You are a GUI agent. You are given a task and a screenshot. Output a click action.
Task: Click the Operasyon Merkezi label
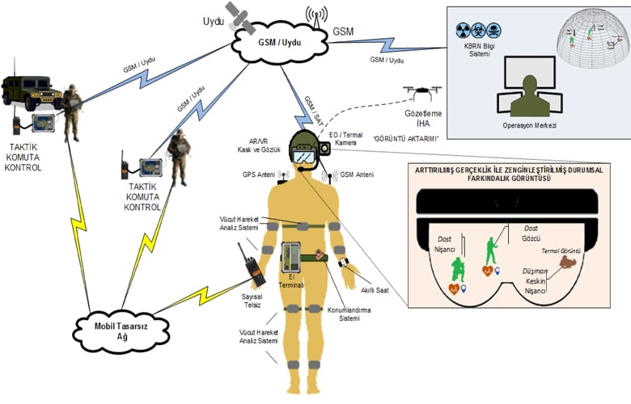529,126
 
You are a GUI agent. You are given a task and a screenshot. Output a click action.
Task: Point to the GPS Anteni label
259,174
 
